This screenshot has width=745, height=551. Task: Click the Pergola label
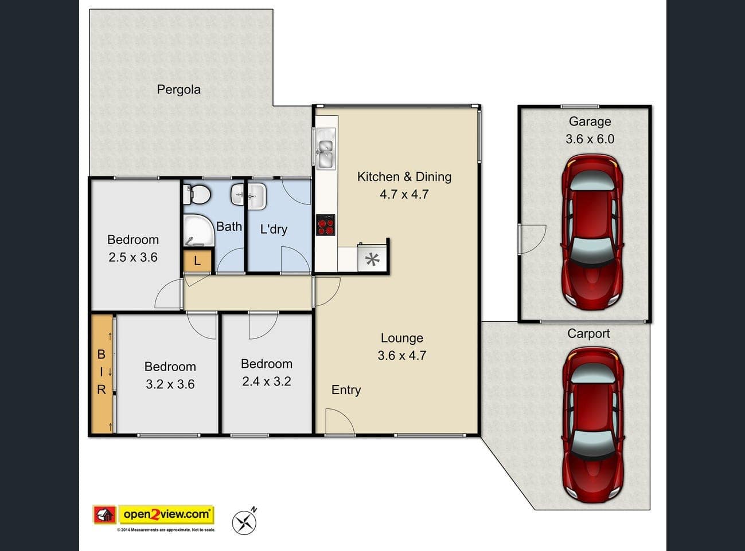tap(179, 89)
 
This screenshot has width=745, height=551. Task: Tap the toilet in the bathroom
tap(197, 195)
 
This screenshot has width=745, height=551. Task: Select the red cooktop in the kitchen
tap(326, 225)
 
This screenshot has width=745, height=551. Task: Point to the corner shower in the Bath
tap(199, 231)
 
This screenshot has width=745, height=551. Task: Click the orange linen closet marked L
tap(197, 261)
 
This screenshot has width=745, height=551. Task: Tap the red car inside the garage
tap(592, 232)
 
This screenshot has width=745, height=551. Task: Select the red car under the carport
tap(592, 425)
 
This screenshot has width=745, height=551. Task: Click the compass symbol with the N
tap(244, 521)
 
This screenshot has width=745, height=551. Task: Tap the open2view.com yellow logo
tap(166, 514)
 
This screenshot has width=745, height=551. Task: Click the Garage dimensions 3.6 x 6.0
tap(590, 139)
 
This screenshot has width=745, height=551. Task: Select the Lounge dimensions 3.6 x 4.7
tap(401, 355)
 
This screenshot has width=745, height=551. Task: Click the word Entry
tap(346, 390)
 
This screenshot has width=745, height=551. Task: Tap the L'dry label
tap(274, 229)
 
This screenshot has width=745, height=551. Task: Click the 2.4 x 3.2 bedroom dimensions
tap(266, 381)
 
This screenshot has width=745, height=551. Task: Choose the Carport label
tap(588, 333)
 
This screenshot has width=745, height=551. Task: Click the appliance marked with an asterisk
tap(372, 259)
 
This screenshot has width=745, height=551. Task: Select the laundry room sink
tap(256, 196)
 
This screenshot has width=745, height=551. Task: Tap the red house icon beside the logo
tap(105, 514)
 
